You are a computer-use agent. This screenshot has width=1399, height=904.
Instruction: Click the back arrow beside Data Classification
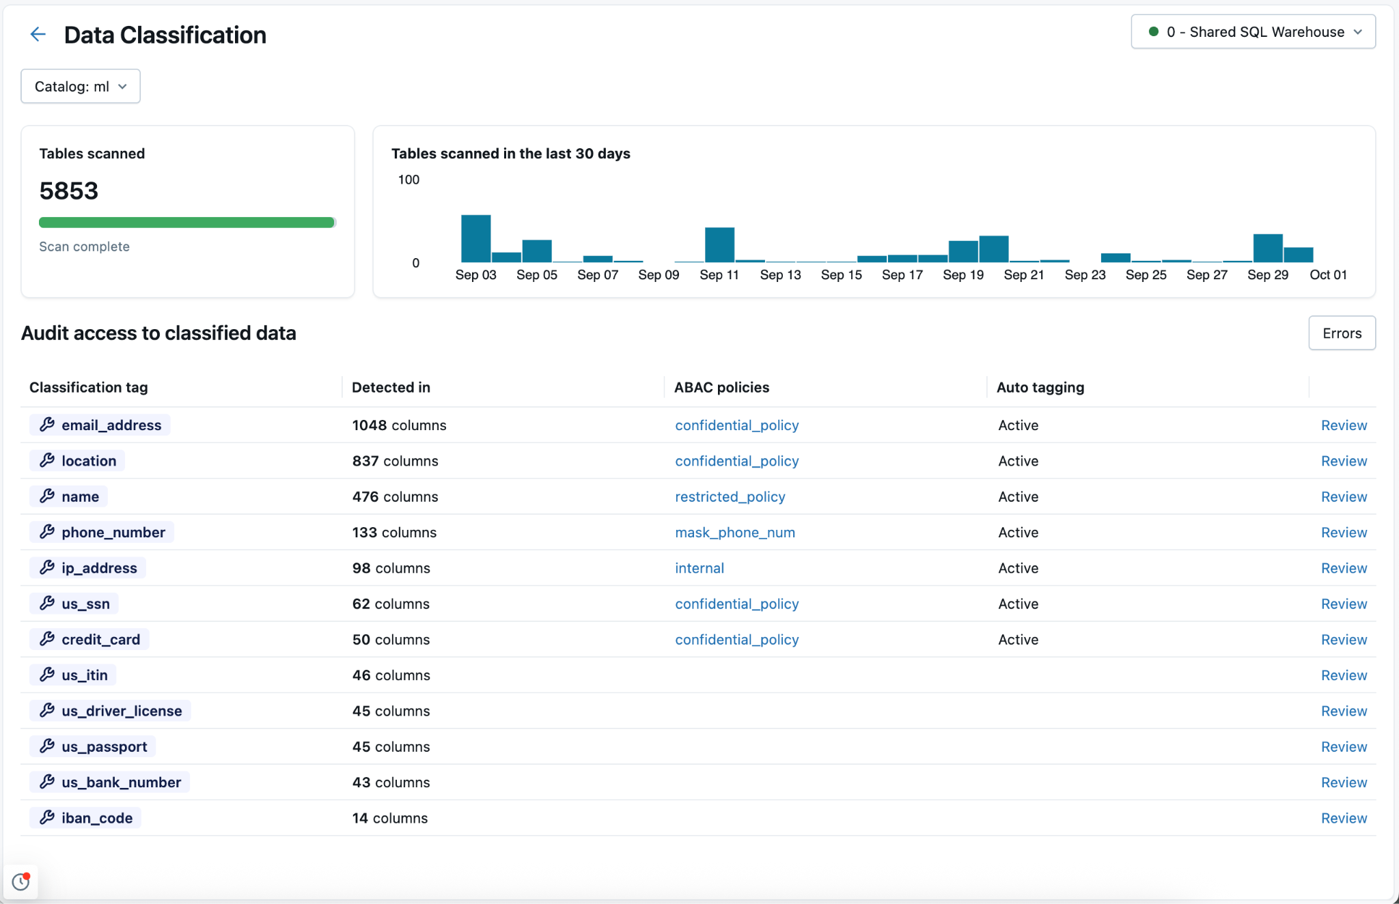pyautogui.click(x=38, y=34)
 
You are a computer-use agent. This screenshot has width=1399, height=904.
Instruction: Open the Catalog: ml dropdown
pyautogui.click(x=81, y=87)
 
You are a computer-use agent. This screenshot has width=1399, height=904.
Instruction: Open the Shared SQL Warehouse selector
pyautogui.click(x=1253, y=32)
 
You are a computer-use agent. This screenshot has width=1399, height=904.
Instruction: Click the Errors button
pyautogui.click(x=1342, y=333)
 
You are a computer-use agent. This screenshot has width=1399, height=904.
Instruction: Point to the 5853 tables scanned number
pyautogui.click(x=69, y=191)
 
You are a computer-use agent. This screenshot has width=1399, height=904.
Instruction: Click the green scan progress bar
pyautogui.click(x=186, y=223)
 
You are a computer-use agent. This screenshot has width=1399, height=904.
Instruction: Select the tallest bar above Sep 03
pyautogui.click(x=476, y=239)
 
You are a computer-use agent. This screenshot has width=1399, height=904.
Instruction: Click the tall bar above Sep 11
pyautogui.click(x=719, y=244)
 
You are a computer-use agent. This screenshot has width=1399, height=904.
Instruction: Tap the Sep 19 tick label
pyautogui.click(x=963, y=274)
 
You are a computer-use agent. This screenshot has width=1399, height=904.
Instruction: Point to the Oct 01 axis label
pyautogui.click(x=1328, y=274)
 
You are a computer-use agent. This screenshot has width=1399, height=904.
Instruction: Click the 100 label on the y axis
pyautogui.click(x=408, y=180)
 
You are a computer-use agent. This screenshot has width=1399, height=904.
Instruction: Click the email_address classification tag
pyautogui.click(x=100, y=425)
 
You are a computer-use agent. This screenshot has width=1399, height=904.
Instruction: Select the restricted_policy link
pyautogui.click(x=730, y=497)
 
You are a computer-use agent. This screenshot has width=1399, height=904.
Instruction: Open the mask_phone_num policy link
pyautogui.click(x=735, y=533)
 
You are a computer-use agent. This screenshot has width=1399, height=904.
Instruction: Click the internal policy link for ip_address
pyautogui.click(x=699, y=568)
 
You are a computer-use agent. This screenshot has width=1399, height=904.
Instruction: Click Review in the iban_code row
pyautogui.click(x=1344, y=818)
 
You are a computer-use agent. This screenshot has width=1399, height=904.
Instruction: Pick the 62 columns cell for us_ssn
pyautogui.click(x=391, y=604)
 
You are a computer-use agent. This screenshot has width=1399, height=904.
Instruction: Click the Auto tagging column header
pyautogui.click(x=1040, y=387)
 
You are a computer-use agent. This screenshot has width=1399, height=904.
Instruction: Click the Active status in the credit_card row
pyautogui.click(x=1018, y=640)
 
